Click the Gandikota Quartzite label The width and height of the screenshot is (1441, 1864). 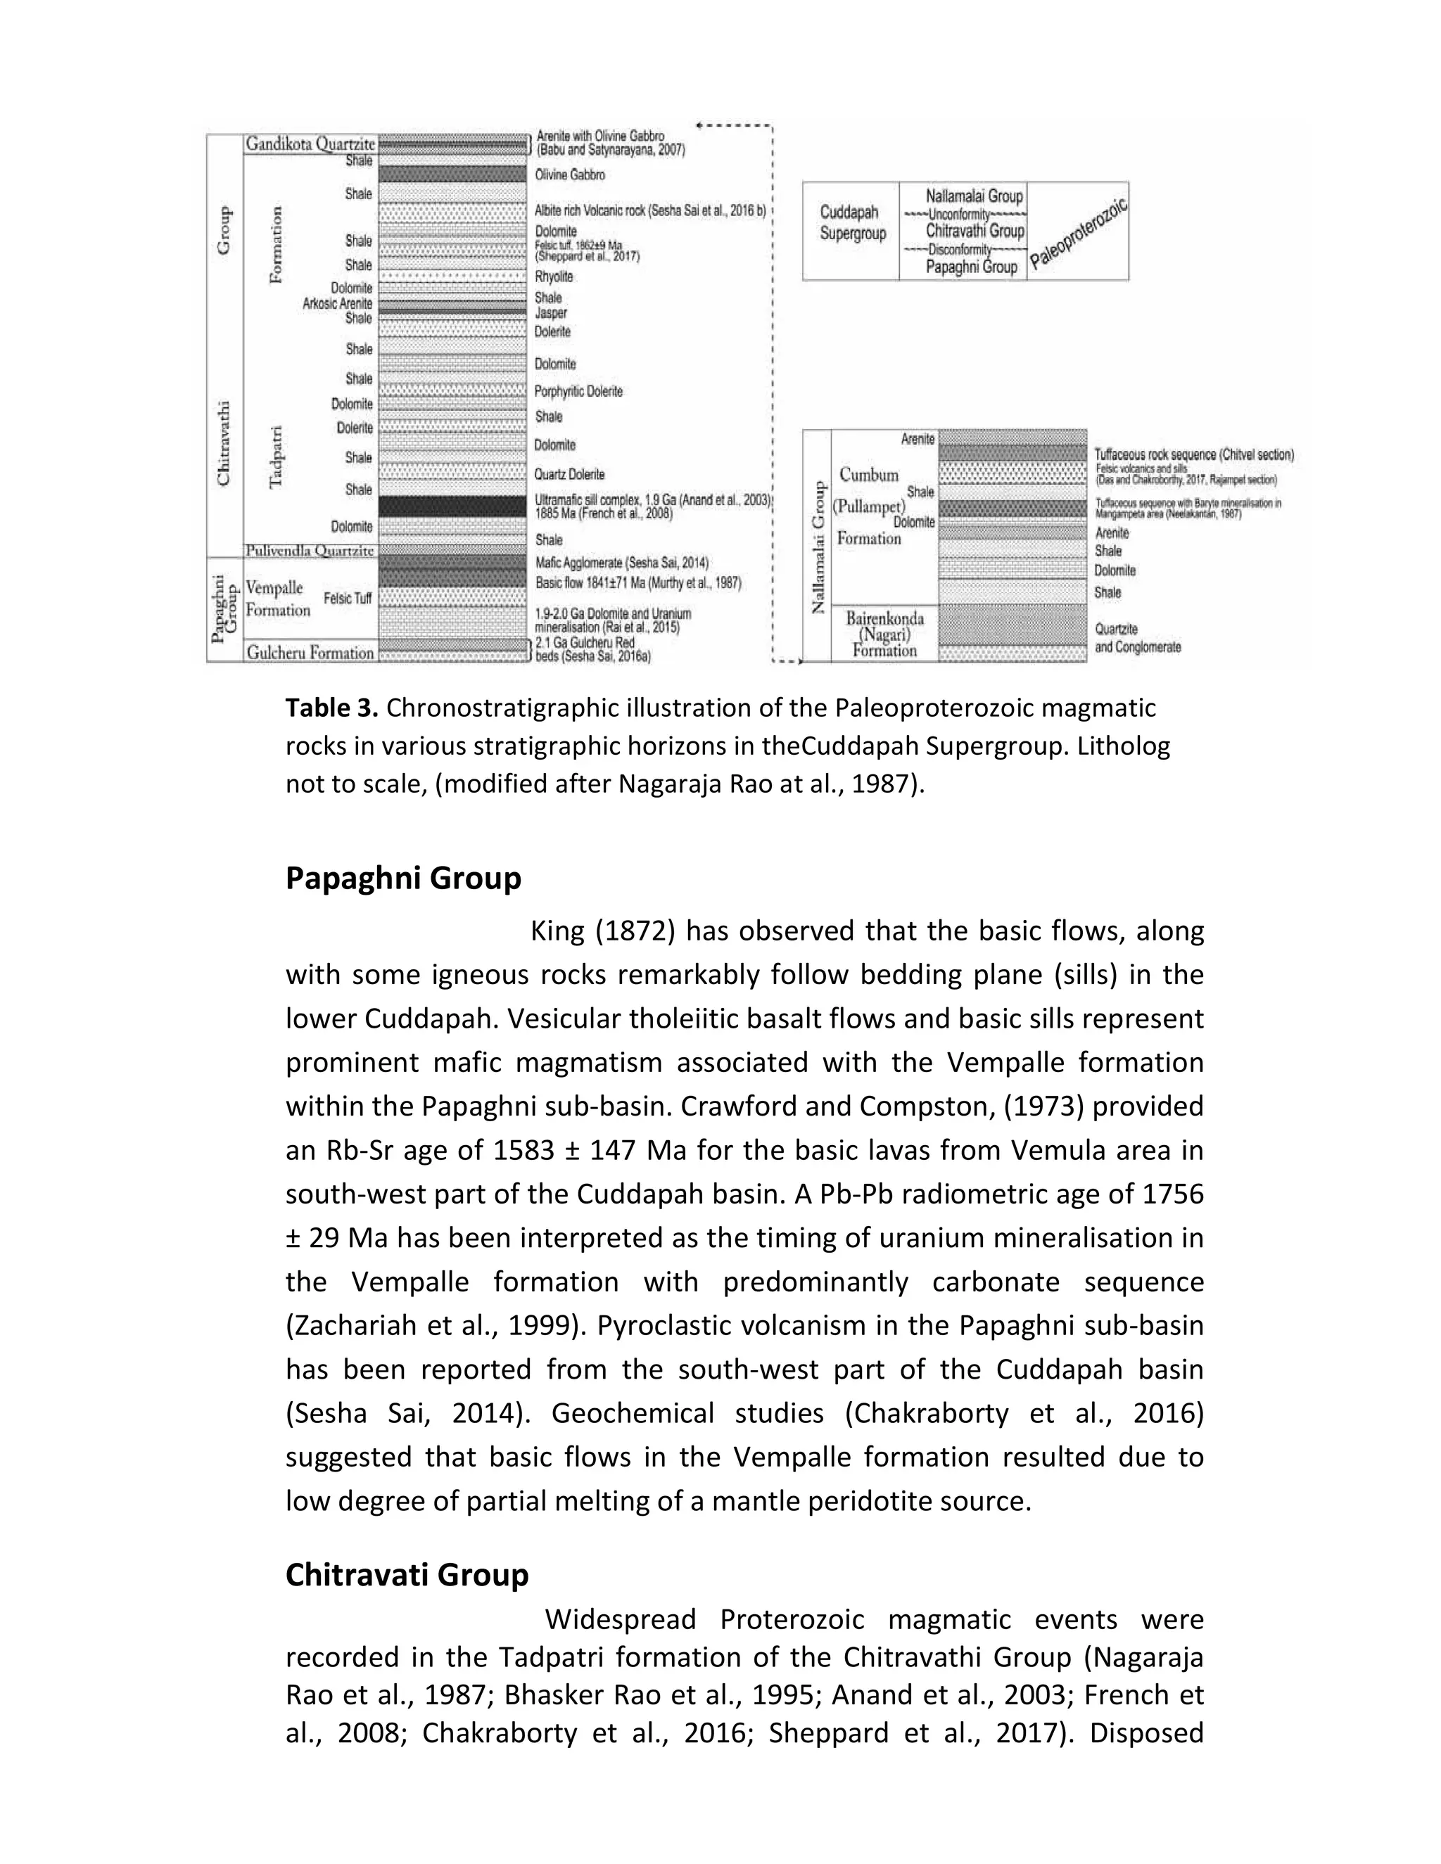point(310,144)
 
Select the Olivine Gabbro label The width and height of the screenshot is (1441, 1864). point(570,175)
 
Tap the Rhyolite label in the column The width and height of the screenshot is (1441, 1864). point(554,276)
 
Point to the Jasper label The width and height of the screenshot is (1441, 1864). point(551,313)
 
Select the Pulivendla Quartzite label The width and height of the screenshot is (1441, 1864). point(309,551)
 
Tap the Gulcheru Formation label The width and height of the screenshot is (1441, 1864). point(310,653)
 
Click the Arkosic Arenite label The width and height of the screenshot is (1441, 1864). point(337,304)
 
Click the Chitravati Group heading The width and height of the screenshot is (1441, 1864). point(407,1573)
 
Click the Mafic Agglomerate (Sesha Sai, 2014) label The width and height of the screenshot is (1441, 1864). point(621,563)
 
